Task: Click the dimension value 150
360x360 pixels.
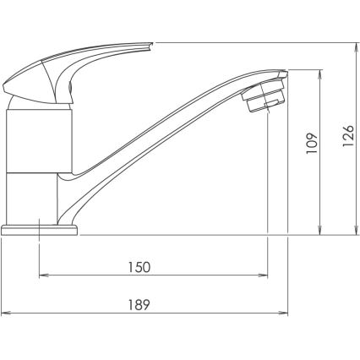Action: click(140, 267)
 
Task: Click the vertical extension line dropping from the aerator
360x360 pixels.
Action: click(267, 169)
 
